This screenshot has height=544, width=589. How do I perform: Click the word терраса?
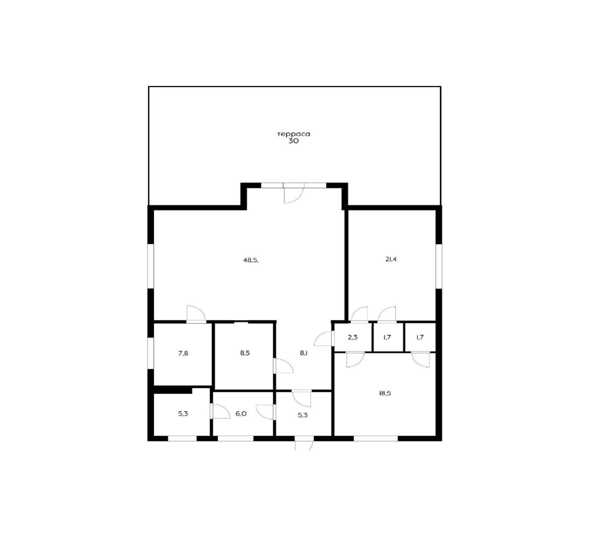[293, 134]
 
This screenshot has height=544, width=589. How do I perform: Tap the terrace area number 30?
[293, 141]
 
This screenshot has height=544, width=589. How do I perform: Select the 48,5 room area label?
[251, 260]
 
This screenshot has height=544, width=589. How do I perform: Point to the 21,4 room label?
[391, 259]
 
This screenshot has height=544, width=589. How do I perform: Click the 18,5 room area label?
[385, 393]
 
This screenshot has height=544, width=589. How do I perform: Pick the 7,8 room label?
[183, 353]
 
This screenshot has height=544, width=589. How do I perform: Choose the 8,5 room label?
[244, 353]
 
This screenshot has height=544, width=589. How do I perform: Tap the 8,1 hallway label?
[303, 353]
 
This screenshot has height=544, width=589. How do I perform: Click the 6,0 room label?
[241, 414]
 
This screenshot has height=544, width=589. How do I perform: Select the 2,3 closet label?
[353, 337]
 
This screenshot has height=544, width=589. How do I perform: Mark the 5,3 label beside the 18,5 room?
[303, 415]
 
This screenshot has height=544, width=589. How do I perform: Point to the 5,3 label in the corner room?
[183, 414]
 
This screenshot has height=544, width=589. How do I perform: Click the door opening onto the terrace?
[293, 193]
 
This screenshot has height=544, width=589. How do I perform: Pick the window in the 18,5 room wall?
[376, 439]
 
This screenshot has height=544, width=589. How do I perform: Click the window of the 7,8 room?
[151, 353]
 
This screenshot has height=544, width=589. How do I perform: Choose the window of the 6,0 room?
[235, 439]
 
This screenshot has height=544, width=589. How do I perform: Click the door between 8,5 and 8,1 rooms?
[283, 365]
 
